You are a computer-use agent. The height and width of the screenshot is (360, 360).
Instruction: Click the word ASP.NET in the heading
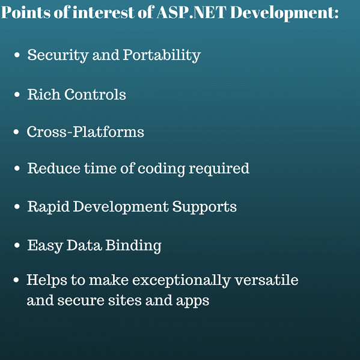[x=192, y=12]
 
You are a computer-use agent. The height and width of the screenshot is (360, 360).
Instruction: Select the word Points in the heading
[x=26, y=12]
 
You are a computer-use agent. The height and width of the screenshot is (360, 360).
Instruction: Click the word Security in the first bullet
[x=58, y=55]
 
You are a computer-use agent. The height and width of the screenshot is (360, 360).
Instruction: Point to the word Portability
[x=162, y=55]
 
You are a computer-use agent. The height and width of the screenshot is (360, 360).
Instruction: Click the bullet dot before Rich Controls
[x=17, y=94]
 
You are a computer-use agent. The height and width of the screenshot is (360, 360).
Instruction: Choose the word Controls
[x=95, y=94]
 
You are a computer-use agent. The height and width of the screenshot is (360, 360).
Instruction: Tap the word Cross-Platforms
[x=85, y=132]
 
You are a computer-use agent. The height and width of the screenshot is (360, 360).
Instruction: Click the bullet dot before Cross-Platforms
[x=16, y=132]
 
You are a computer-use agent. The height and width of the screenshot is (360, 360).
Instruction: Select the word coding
[x=161, y=169]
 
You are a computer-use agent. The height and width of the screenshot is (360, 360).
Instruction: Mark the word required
[x=219, y=169]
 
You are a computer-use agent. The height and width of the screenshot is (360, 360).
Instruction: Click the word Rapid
[x=49, y=207]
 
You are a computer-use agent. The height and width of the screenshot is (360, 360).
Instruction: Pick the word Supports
[x=204, y=207]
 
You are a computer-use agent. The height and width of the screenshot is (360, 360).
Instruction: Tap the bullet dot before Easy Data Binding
[x=17, y=245]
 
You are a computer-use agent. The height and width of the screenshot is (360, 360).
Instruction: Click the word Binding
[x=133, y=246]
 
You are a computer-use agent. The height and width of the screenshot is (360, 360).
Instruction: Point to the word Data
[x=84, y=245]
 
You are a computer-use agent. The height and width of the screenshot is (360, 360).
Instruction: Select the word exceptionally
[x=182, y=281]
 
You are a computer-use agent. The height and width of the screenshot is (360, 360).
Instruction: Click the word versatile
[x=266, y=280]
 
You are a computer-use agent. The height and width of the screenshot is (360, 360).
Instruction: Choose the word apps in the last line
[x=193, y=301]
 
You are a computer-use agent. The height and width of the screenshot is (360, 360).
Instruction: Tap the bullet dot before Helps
[x=16, y=280]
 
